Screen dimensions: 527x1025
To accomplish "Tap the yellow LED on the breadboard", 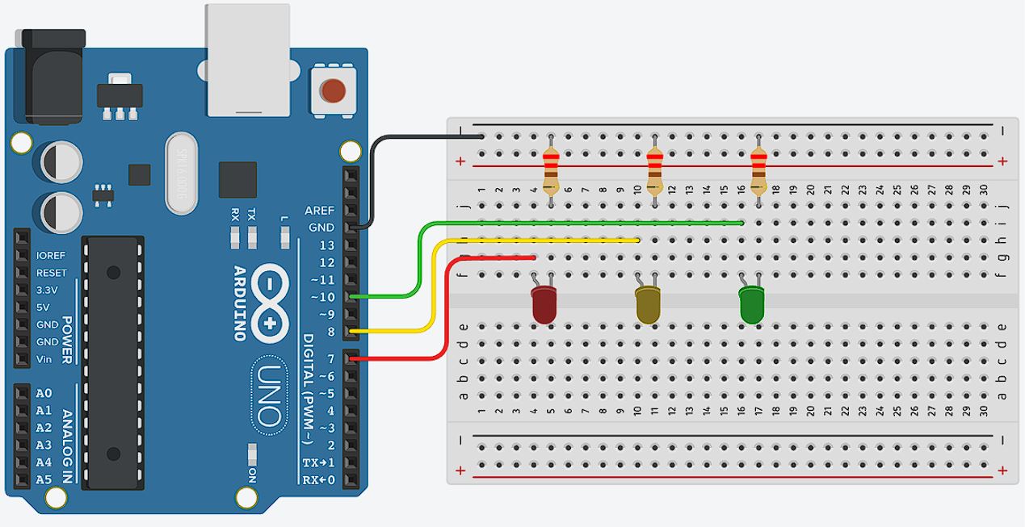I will tap(648, 307).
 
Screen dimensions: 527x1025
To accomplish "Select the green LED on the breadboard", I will tap(751, 307).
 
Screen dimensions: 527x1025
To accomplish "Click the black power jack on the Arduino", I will tap(53, 77).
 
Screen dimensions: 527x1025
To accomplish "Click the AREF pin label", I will tap(319, 211).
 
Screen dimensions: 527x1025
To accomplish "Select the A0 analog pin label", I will tap(44, 394).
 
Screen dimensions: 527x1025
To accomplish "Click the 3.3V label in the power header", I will tap(47, 290).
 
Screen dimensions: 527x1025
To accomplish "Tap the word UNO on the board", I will tap(269, 394).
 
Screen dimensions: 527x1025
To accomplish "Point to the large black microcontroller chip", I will tap(115, 363).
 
